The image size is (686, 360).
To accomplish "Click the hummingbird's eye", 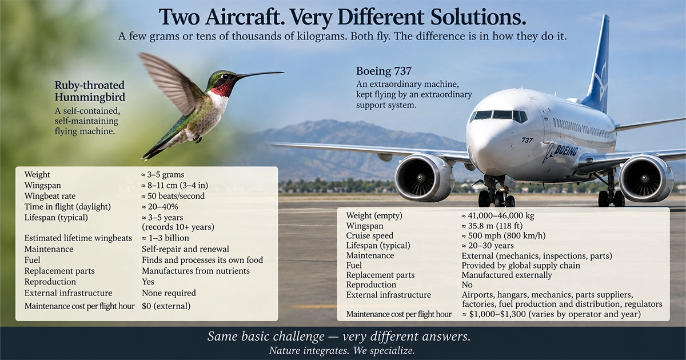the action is point(226,76).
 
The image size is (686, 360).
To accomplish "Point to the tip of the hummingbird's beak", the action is point(284,72).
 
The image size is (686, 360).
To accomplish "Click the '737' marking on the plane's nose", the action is point(527,140).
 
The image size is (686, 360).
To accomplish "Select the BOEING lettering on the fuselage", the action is point(566,150).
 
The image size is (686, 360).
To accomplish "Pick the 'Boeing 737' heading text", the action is point(384,71).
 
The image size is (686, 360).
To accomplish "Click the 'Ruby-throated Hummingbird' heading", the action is point(90,91).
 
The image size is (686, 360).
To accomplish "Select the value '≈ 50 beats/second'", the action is point(173,196).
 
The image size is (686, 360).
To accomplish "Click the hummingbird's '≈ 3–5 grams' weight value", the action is point(162,174).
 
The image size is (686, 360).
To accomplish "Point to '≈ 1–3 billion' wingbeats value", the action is point(165,238).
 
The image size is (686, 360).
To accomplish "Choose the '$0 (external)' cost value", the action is point(166,306).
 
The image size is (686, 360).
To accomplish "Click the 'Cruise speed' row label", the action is point(370,235).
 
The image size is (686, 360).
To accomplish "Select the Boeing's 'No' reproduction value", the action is point(467,285).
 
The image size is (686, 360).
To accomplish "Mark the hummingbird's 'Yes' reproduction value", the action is point(148,282).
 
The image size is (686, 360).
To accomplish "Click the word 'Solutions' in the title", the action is point(478,17).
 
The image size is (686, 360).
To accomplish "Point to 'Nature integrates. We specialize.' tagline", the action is point(342,350).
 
